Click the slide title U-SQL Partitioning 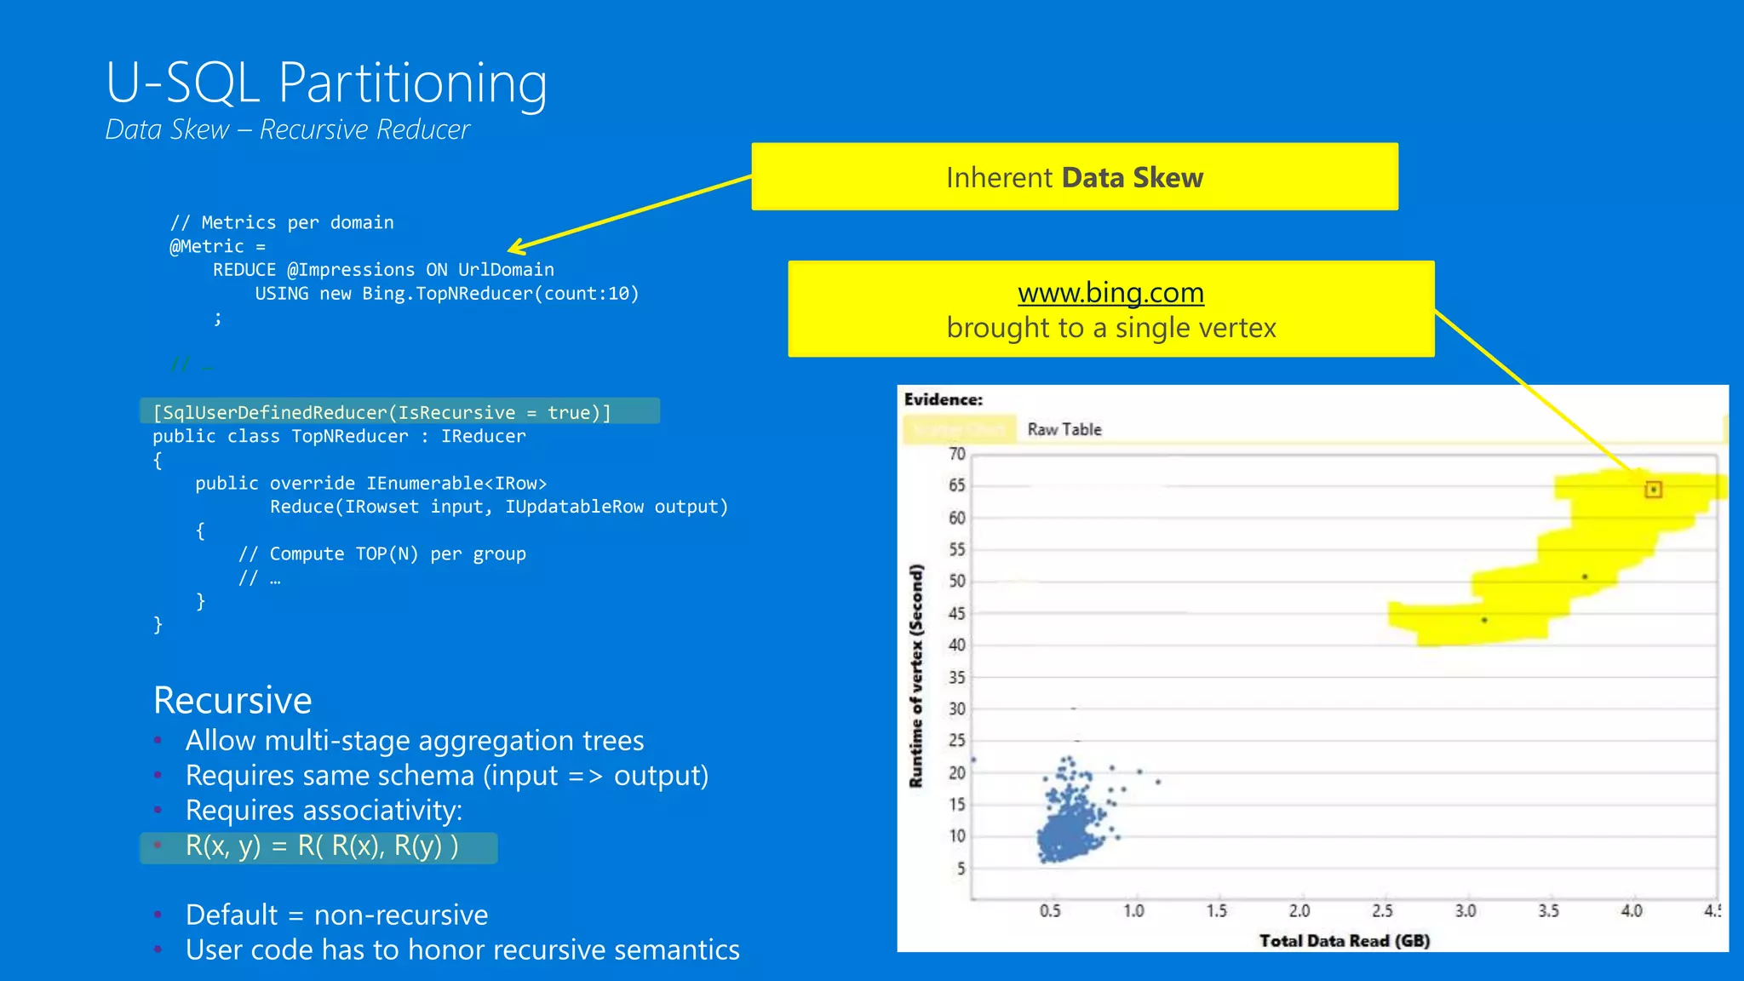pyautogui.click(x=326, y=83)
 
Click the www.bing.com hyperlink pyautogui.click(x=1110, y=293)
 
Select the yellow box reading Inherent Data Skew pyautogui.click(x=1074, y=177)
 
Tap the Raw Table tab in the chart pyautogui.click(x=1064, y=429)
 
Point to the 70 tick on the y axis pyautogui.click(x=957, y=454)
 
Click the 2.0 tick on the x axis pyautogui.click(x=1299, y=911)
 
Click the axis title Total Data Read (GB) pyautogui.click(x=1344, y=940)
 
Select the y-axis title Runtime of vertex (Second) pyautogui.click(x=916, y=675)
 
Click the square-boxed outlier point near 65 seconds pyautogui.click(x=1653, y=490)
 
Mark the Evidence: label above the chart pyautogui.click(x=943, y=399)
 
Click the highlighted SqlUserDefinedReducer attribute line pyautogui.click(x=381, y=412)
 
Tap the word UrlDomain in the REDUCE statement pyautogui.click(x=506, y=270)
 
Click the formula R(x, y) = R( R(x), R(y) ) pyautogui.click(x=322, y=846)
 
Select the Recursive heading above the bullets pyautogui.click(x=232, y=700)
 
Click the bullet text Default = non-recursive pyautogui.click(x=336, y=915)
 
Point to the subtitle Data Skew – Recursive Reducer pyautogui.click(x=287, y=129)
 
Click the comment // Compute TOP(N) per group pyautogui.click(x=381, y=554)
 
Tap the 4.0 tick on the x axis pyautogui.click(x=1631, y=911)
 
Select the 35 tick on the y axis pyautogui.click(x=957, y=677)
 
